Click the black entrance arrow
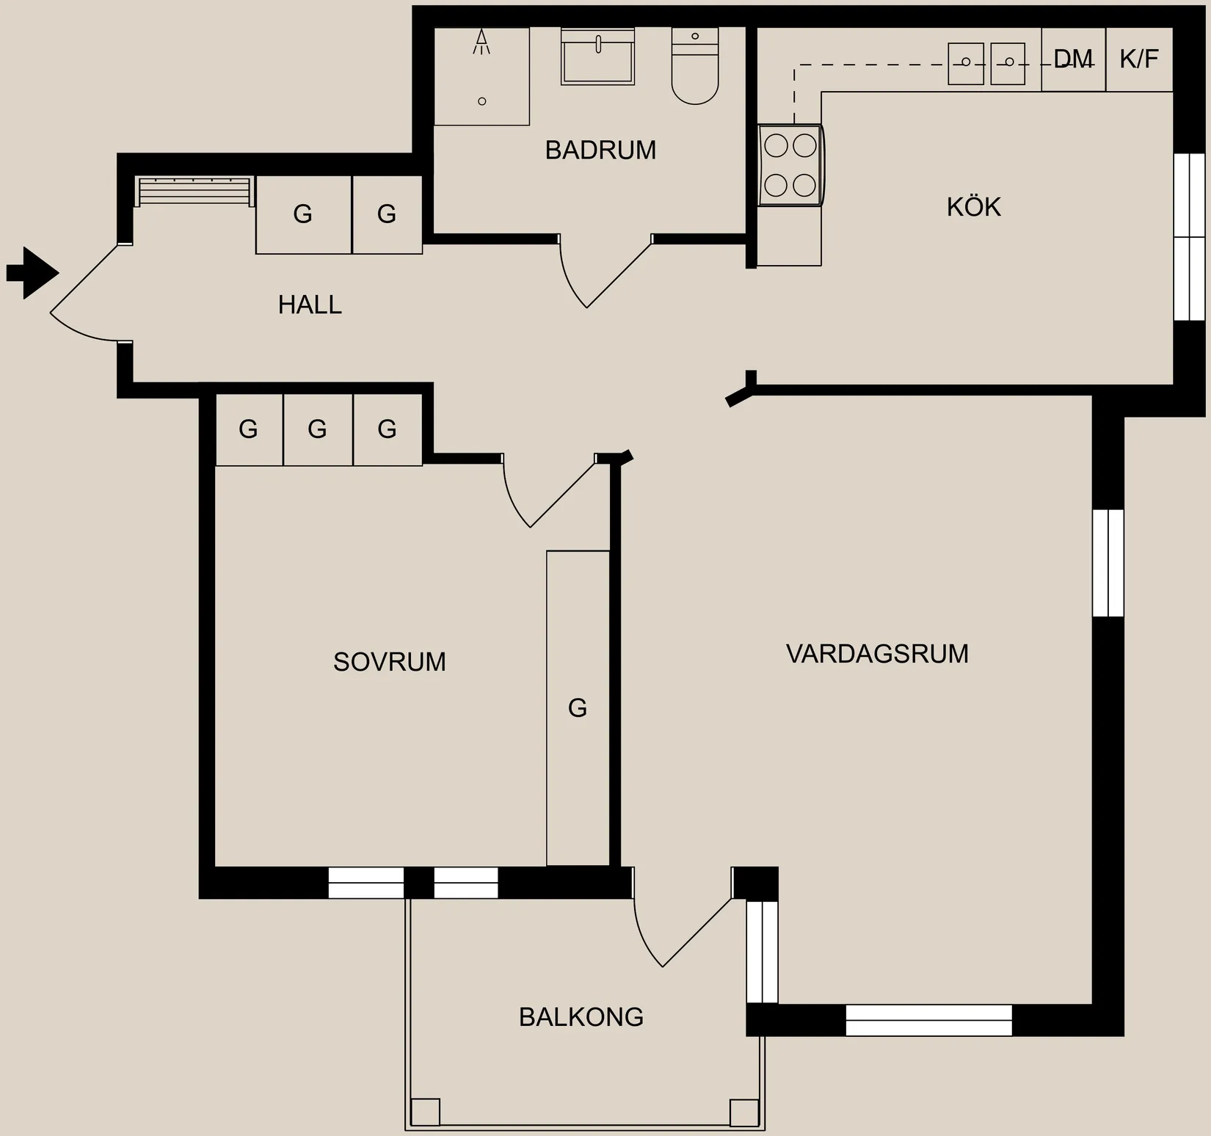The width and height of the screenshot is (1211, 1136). [34, 273]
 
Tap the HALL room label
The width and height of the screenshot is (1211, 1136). [310, 305]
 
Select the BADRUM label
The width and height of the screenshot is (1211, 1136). [600, 150]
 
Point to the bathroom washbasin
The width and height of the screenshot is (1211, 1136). [597, 57]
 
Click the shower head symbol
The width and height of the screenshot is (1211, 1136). [481, 42]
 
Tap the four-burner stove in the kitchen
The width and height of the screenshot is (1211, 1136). [790, 165]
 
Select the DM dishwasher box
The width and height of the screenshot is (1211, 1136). [1073, 59]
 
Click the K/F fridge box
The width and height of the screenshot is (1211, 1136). [1139, 59]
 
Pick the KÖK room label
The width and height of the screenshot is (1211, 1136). [973, 208]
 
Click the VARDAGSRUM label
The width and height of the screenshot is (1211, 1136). [877, 654]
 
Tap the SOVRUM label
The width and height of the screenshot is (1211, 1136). [389, 662]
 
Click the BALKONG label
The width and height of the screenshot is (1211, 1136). [581, 1017]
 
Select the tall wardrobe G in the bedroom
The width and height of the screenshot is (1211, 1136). [578, 708]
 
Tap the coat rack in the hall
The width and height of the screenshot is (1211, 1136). [195, 192]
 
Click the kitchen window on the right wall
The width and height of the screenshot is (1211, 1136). [1189, 237]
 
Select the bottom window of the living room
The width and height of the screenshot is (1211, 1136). [928, 1020]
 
